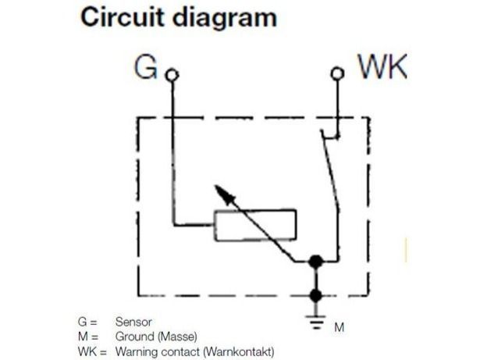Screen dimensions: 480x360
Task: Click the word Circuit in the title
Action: tap(122, 17)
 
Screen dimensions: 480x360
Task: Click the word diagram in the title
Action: tap(225, 19)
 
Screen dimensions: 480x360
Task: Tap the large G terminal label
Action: tap(146, 66)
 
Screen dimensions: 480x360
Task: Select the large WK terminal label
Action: tap(382, 66)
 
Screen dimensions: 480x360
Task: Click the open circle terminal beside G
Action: tap(172, 75)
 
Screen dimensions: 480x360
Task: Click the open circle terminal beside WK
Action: tap(337, 73)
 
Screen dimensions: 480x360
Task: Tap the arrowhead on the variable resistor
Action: tap(224, 194)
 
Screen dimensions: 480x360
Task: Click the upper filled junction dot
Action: tap(315, 262)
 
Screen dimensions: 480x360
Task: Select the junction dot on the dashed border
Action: tap(315, 296)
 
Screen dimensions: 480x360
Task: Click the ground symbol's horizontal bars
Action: tap(316, 322)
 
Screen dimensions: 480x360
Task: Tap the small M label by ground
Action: tap(340, 327)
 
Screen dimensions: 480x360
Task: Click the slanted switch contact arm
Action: tap(331, 170)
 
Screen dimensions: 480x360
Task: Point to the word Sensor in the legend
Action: tap(133, 322)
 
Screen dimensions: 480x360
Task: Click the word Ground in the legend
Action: tap(135, 337)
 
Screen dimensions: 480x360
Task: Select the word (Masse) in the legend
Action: tap(177, 337)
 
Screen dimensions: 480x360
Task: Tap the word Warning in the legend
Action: tap(137, 351)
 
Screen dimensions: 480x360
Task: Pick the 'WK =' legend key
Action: tap(92, 351)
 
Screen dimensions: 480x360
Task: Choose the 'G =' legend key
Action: tap(87, 322)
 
